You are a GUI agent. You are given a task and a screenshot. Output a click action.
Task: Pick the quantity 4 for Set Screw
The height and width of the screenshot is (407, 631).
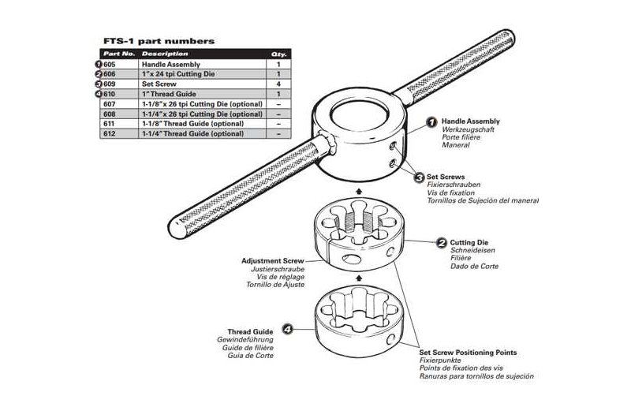(x=278, y=84)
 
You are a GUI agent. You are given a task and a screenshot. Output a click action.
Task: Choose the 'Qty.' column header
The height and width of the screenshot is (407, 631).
(x=278, y=54)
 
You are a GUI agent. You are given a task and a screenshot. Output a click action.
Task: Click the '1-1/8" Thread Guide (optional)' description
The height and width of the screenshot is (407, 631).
(x=192, y=124)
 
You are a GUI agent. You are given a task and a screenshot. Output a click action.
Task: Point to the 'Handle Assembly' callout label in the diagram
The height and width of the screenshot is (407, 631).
(x=469, y=121)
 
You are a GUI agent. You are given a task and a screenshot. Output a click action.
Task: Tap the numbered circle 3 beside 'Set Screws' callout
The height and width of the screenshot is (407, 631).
(x=419, y=177)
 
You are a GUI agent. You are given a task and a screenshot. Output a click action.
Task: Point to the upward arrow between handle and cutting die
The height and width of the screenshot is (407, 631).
(x=359, y=190)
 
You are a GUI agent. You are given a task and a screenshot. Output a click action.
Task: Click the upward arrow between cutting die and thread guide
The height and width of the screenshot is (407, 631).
(x=359, y=278)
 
